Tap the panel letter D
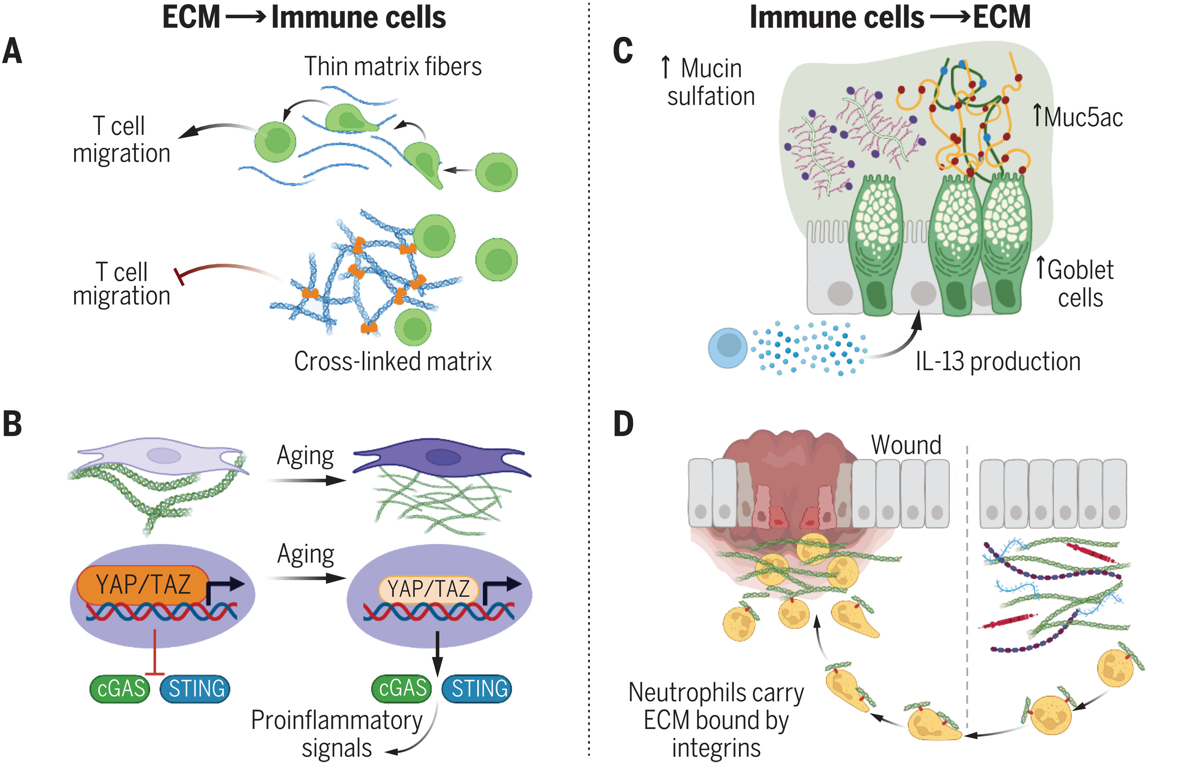click(624, 424)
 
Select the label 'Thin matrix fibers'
click(393, 67)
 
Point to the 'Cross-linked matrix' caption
click(393, 361)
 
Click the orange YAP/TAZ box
click(143, 584)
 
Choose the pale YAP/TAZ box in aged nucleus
click(428, 589)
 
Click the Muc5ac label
click(1078, 117)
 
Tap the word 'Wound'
click(906, 445)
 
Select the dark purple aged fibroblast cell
click(442, 456)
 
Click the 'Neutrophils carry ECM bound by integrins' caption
click(716, 720)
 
